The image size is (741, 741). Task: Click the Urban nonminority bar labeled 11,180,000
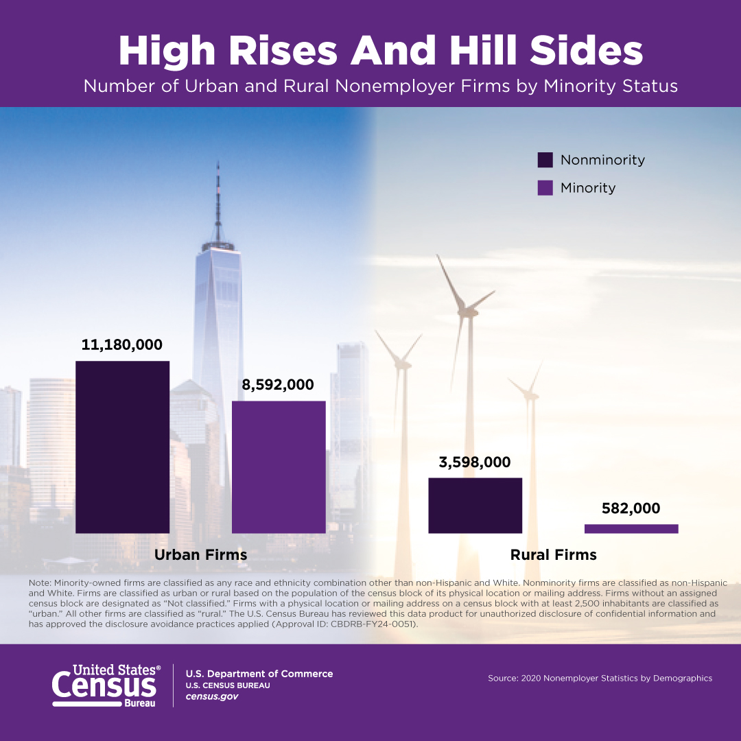tap(122, 447)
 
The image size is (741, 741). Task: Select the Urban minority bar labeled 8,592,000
tap(279, 467)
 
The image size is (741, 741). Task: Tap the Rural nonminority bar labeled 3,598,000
tap(475, 505)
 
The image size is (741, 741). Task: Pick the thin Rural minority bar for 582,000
tap(631, 528)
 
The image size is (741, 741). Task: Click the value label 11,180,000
tap(122, 345)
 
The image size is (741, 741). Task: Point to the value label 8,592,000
tap(278, 385)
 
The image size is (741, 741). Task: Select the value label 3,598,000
tap(475, 462)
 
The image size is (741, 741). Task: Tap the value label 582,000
tap(631, 508)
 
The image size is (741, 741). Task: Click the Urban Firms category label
tap(200, 554)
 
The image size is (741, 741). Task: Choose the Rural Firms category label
tap(553, 554)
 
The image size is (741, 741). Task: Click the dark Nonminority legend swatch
tap(545, 160)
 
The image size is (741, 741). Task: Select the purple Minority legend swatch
tap(545, 188)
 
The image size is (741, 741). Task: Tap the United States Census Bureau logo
tap(106, 684)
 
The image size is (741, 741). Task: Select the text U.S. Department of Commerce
tap(259, 674)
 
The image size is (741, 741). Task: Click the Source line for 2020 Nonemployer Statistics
tap(600, 678)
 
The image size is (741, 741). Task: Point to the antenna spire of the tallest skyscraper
tap(218, 199)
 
